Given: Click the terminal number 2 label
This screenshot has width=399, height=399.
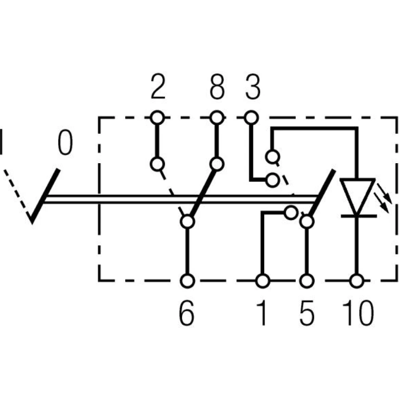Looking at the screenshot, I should pyautogui.click(x=158, y=88).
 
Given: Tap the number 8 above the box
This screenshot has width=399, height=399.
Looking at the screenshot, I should pyautogui.click(x=217, y=88).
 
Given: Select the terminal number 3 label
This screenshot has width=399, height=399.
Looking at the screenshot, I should pyautogui.click(x=252, y=88).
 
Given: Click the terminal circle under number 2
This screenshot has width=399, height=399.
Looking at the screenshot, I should pyautogui.click(x=158, y=118).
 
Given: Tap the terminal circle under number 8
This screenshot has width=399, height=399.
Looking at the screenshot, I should pyautogui.click(x=217, y=118).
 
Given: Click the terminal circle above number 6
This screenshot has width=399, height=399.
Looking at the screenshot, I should pyautogui.click(x=187, y=281).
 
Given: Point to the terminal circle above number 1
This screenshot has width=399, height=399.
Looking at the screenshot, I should pyautogui.click(x=262, y=281).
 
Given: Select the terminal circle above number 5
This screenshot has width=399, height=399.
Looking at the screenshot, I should pyautogui.click(x=306, y=281).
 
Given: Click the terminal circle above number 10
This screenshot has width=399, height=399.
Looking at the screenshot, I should pyautogui.click(x=357, y=281).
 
